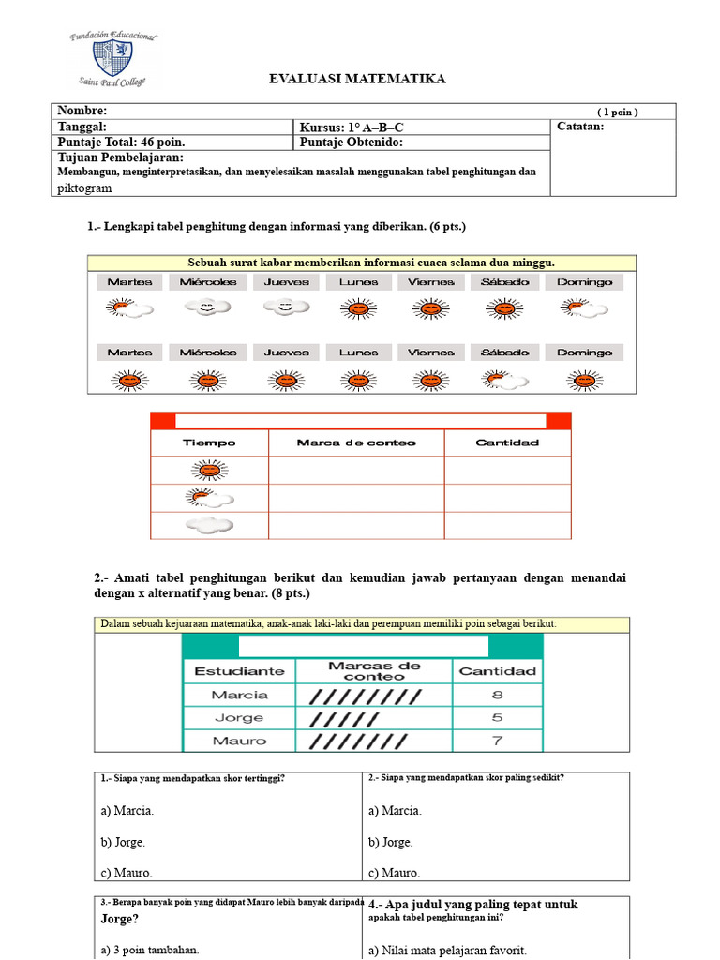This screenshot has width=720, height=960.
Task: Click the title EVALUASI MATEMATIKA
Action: pos(357,79)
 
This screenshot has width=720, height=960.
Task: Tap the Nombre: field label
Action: pos(76,112)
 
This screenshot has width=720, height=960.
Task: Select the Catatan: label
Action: pos(580,127)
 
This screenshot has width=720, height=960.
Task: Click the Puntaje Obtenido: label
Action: pos(351,142)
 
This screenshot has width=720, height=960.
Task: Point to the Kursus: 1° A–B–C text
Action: pos(352,127)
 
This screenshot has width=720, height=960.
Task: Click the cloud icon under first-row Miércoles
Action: pos(208,307)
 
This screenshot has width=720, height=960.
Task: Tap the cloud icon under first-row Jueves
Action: pos(286,307)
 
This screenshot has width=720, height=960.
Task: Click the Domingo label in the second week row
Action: pos(584,352)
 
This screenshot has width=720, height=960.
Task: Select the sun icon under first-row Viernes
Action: pos(430,307)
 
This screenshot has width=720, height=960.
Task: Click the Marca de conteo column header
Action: pos(355,442)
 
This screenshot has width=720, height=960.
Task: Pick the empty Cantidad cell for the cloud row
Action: pos(507,526)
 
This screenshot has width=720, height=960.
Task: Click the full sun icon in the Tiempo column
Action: pos(209,470)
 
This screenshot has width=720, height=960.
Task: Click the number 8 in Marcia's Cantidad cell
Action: pos(496,696)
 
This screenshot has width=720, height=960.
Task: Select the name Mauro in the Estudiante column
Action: pos(239,741)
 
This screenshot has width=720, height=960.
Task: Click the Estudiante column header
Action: pos(239,671)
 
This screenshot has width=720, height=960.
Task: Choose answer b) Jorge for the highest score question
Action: pos(124,842)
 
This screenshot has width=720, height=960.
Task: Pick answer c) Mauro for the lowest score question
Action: pos(394,873)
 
